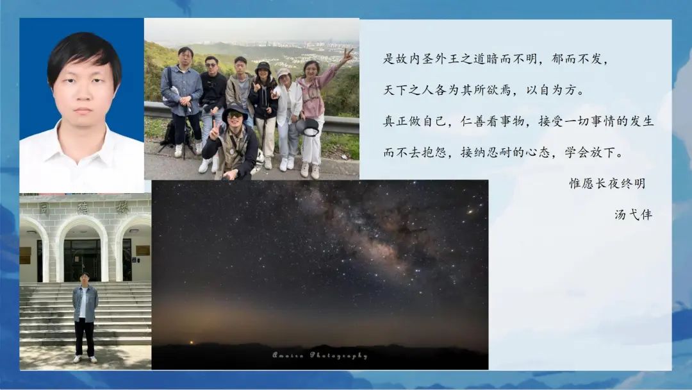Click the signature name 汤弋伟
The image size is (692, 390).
[x=633, y=215]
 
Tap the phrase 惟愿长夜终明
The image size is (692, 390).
[x=607, y=183]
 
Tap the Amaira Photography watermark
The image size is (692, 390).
[x=320, y=355]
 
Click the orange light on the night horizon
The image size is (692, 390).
[x=192, y=342]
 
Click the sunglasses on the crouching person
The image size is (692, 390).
[x=235, y=115]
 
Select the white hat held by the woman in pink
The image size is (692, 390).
[x=308, y=127]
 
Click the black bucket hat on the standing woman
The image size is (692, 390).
[x=263, y=67]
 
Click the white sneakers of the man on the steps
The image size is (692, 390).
[x=85, y=359]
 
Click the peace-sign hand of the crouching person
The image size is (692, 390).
[x=214, y=130]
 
